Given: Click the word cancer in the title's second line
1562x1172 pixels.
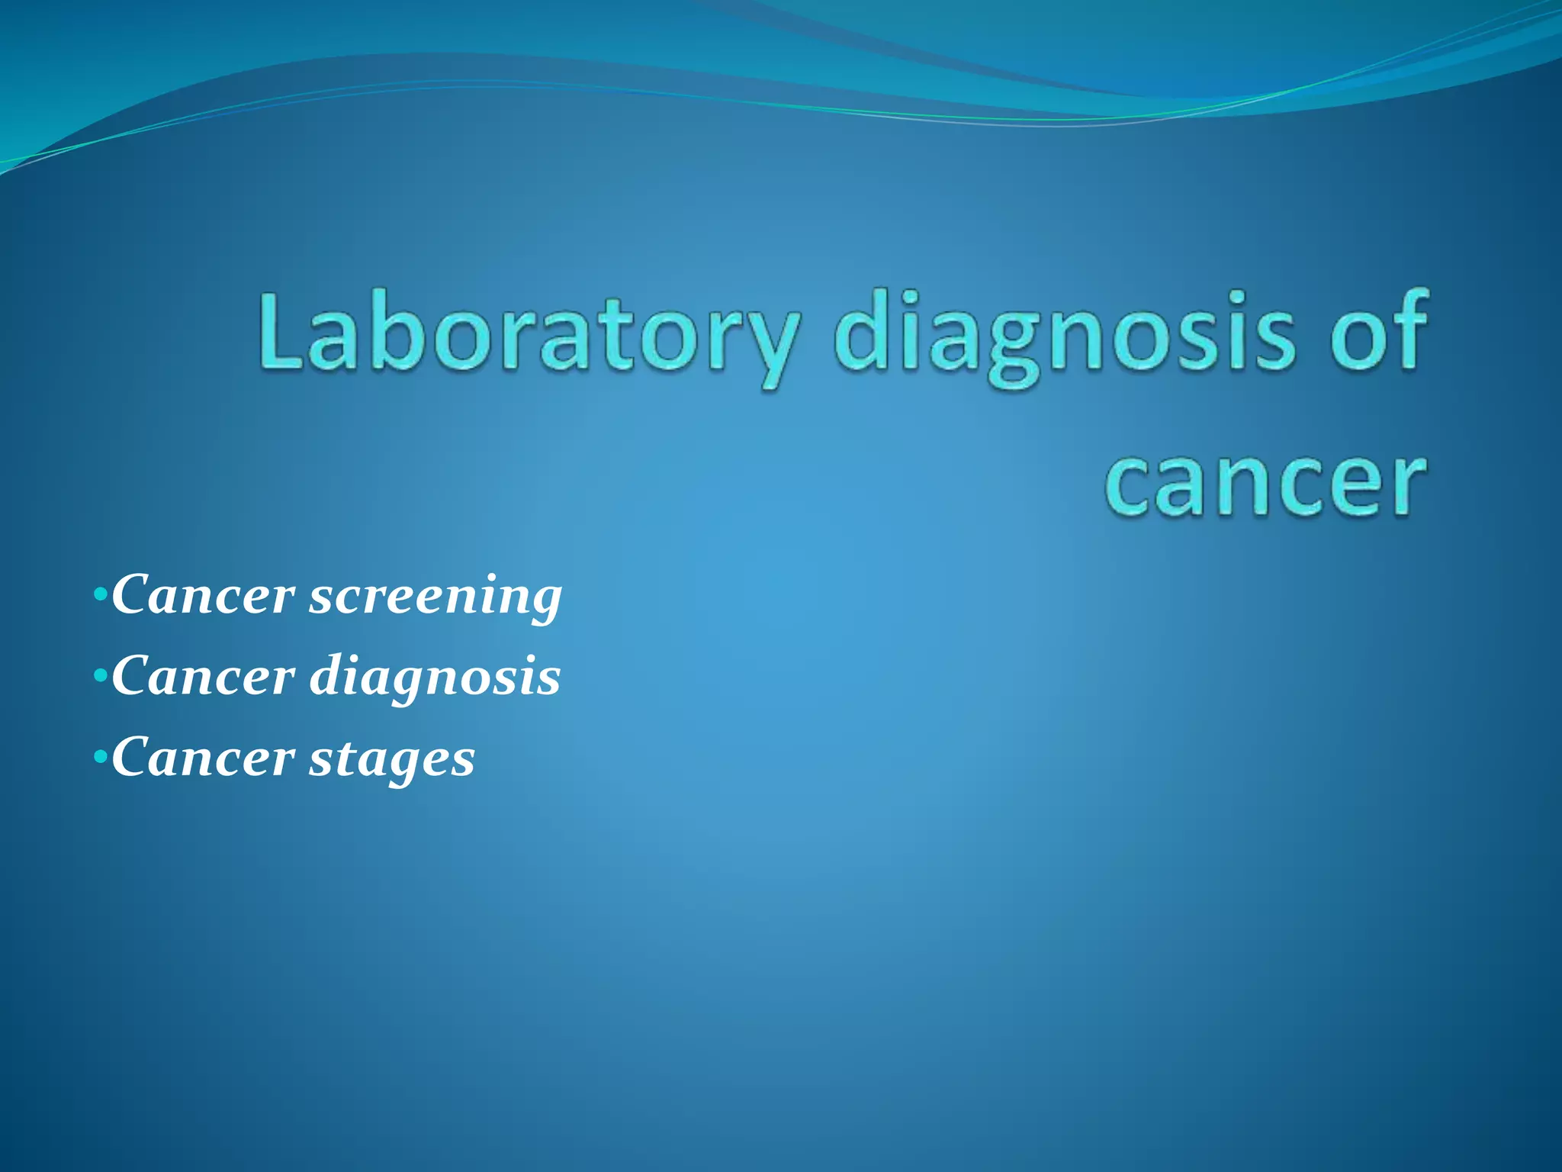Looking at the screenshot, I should (1265, 485).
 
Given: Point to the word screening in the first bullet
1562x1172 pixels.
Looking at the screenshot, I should (435, 597).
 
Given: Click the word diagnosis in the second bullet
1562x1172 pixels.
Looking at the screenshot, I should (435, 678).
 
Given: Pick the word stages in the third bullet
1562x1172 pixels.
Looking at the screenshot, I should (392, 760).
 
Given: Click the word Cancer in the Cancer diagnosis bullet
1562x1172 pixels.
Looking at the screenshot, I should (203, 677).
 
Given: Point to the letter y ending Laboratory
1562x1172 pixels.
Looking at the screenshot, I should (770, 347).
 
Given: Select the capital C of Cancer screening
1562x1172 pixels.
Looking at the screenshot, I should (133, 594).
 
